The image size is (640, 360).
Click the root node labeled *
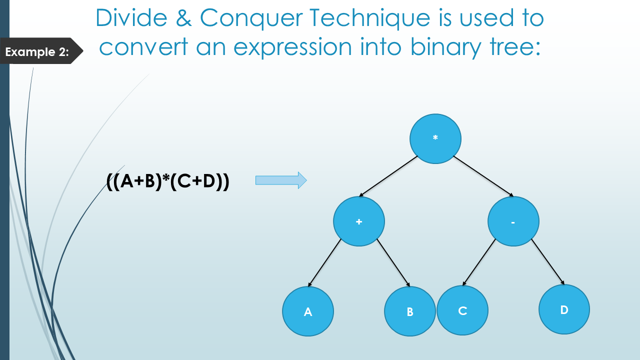pyautogui.click(x=435, y=138)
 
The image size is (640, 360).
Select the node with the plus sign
pyautogui.click(x=359, y=221)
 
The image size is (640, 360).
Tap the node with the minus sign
pyautogui.click(x=513, y=221)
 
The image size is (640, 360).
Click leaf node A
pyautogui.click(x=308, y=311)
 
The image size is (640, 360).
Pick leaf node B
pyautogui.click(x=410, y=311)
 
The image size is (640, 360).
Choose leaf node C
pyautogui.click(x=462, y=310)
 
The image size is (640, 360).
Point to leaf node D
pyautogui.click(x=564, y=309)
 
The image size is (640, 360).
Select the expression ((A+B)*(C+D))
pyautogui.click(x=168, y=181)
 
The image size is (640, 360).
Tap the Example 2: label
pyautogui.click(x=37, y=51)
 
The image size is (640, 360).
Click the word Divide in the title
pyautogui.click(x=130, y=18)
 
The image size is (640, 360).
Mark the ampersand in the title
pyautogui.click(x=186, y=18)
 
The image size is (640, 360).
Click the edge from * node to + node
pyautogui.click(x=388, y=176)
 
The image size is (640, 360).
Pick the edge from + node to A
pyautogui.click(x=324, y=262)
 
